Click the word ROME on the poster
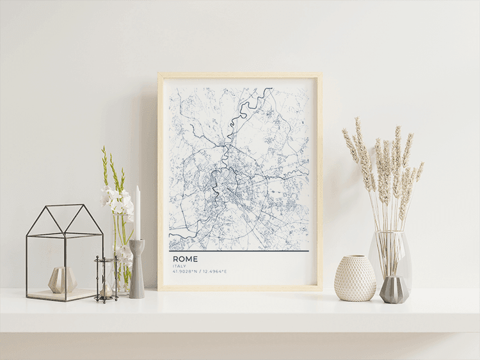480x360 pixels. coord(185,258)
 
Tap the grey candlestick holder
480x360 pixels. coord(137,269)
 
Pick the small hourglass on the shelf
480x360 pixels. coord(106,279)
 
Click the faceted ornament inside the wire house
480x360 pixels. coord(63,279)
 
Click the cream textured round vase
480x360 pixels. coord(355,278)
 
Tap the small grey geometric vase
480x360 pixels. coord(394,290)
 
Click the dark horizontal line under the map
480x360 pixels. coord(239,251)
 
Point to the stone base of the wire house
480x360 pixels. coord(61,295)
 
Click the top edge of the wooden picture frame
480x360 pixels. coord(240,75)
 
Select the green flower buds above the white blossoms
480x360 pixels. coord(109,166)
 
